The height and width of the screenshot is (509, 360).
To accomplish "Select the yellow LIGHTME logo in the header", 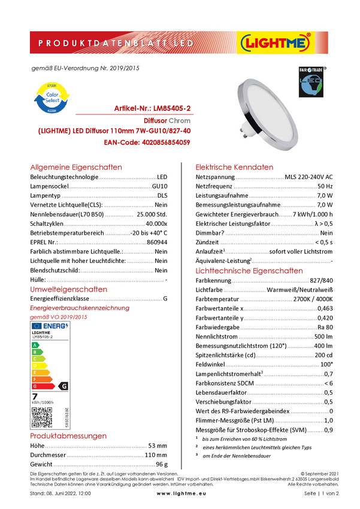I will pos(275,43).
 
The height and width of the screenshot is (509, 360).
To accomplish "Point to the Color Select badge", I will pos(50,99).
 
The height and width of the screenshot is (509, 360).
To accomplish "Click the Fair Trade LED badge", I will pos(311,82).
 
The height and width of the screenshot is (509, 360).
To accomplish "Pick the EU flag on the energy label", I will pos(36,326).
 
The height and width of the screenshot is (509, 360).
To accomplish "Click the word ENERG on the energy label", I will pos(54,326).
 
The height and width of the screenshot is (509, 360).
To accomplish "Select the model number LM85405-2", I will pos(43,337).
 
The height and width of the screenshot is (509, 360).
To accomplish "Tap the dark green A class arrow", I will pos(35,346).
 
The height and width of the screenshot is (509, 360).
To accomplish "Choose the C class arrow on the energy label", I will pos(37,359).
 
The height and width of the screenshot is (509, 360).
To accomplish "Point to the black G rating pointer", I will pos(64,386).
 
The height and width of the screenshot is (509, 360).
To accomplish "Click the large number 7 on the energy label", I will pos(35,396).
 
